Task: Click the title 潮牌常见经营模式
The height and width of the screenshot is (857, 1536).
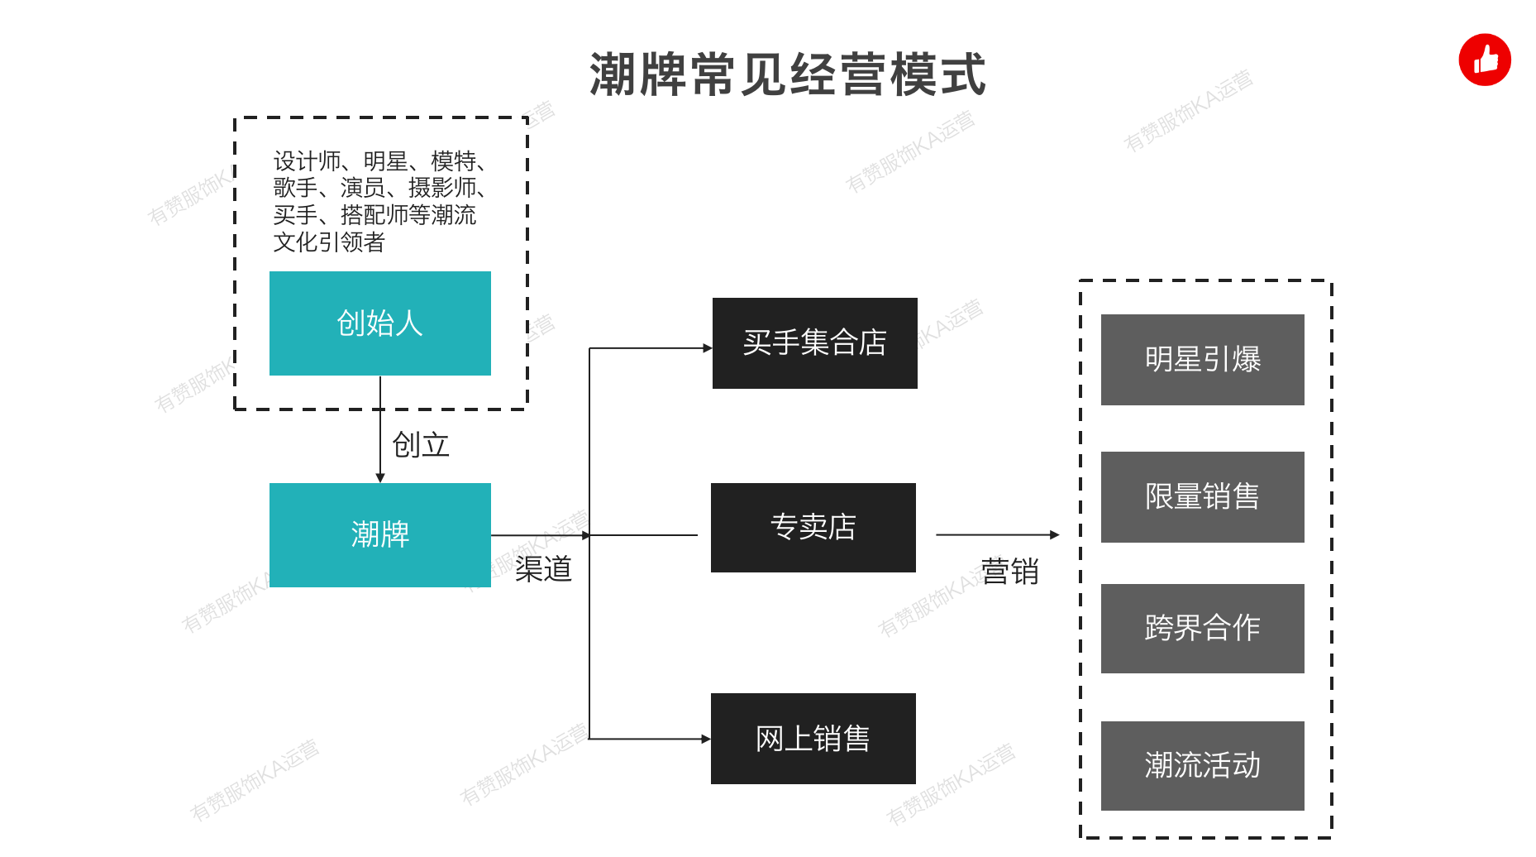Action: pyautogui.click(x=787, y=74)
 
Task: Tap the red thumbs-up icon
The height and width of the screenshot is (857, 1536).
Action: pyautogui.click(x=1485, y=60)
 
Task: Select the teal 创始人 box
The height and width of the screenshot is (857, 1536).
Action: pyautogui.click(x=379, y=323)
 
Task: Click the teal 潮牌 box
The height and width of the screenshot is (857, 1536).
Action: pyautogui.click(x=379, y=535)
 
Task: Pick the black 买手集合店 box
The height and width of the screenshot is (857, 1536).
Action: pyautogui.click(x=814, y=343)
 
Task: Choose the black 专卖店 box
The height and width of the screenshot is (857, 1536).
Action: pyautogui.click(x=813, y=528)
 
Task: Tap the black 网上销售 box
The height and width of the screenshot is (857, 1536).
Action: pyautogui.click(x=813, y=739)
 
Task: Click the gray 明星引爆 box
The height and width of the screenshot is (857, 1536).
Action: pyautogui.click(x=1202, y=360)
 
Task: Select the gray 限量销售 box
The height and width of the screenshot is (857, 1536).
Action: pyautogui.click(x=1202, y=497)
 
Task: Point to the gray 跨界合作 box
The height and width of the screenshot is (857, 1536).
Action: pyautogui.click(x=1202, y=629)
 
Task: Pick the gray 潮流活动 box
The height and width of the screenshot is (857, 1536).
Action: pyautogui.click(x=1202, y=766)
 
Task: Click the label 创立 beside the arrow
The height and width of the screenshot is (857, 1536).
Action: pyautogui.click(x=421, y=445)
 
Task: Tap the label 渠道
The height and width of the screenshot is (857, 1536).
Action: pyautogui.click(x=543, y=569)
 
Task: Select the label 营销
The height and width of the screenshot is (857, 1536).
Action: pyautogui.click(x=1009, y=572)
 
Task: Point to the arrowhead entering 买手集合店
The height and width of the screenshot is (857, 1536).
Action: pyautogui.click(x=707, y=348)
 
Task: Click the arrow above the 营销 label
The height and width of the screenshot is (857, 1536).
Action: pyautogui.click(x=996, y=535)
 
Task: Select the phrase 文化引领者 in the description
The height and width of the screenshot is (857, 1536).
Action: pyautogui.click(x=329, y=242)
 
